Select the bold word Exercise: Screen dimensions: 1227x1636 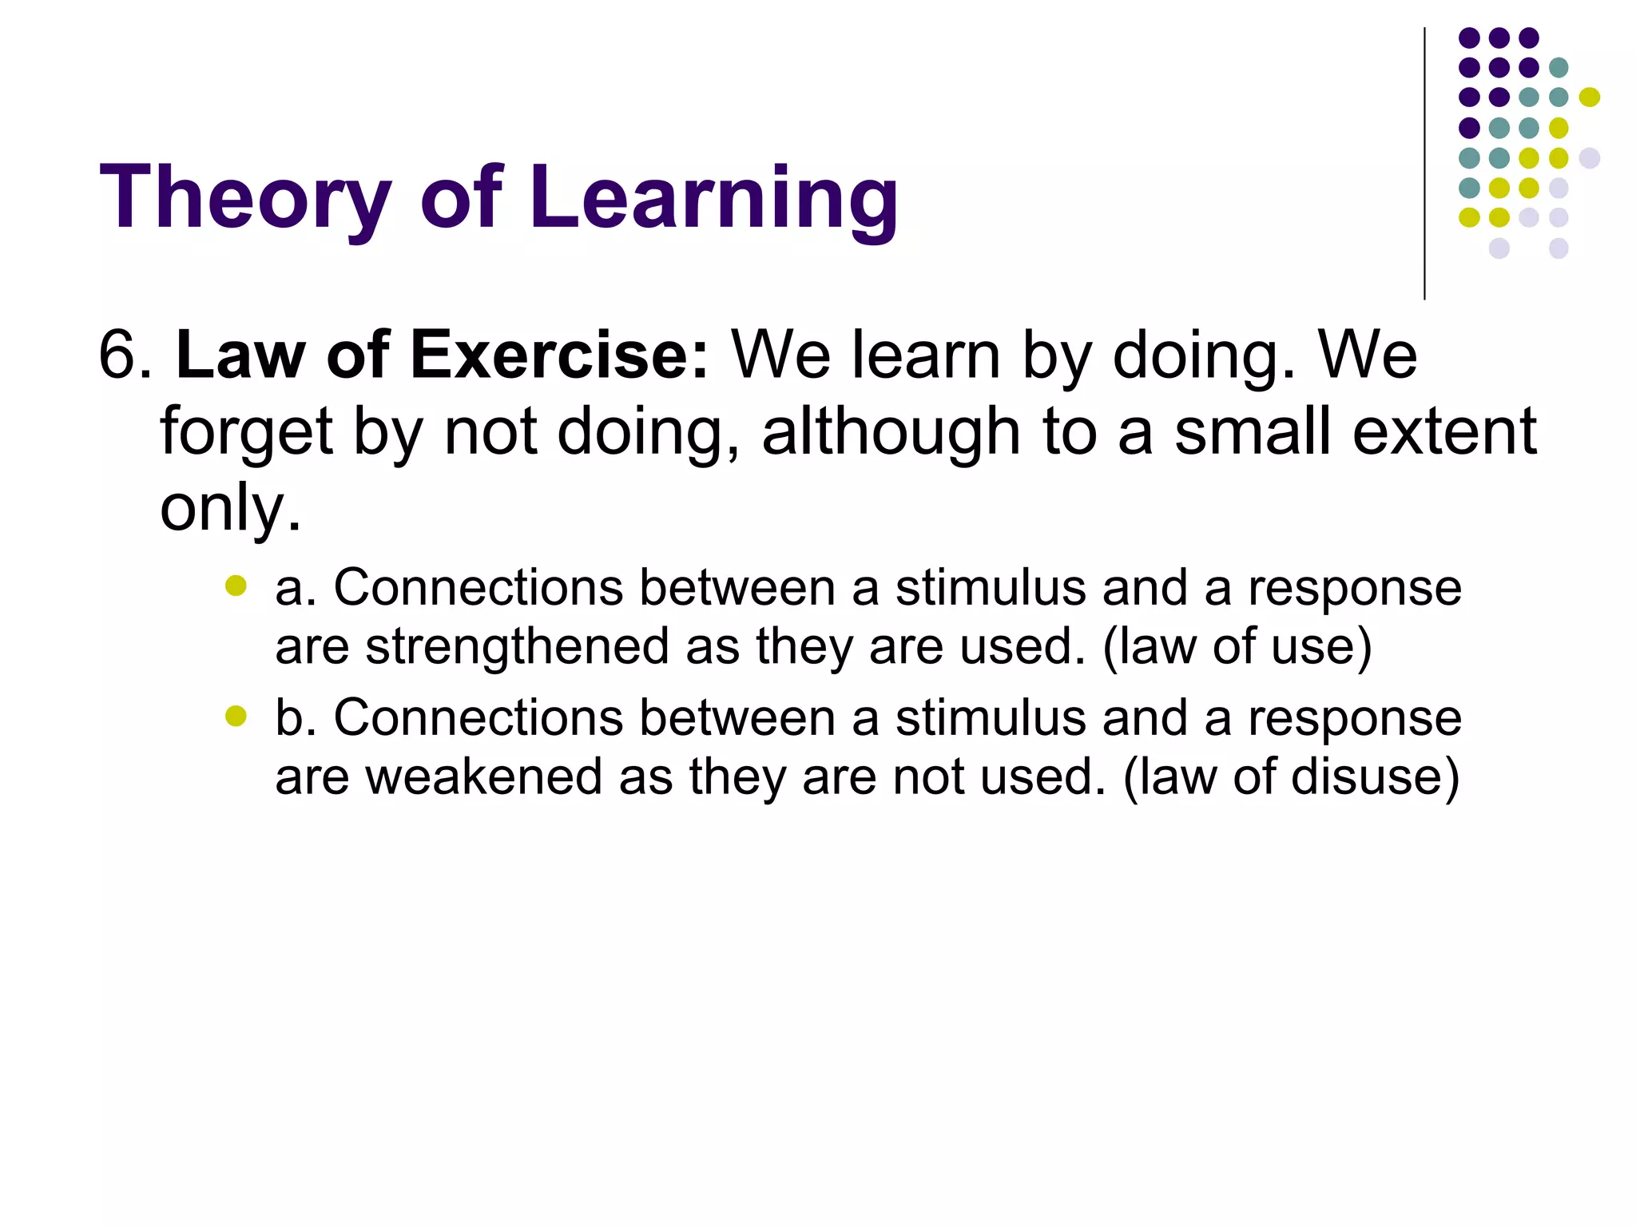pos(558,355)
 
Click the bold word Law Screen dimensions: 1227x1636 pos(240,355)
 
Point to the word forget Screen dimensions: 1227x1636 pos(245,432)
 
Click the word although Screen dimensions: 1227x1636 pos(891,431)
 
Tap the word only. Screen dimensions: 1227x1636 pos(229,508)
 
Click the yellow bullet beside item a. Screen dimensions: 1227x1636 pos(236,586)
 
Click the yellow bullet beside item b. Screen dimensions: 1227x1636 pos(236,716)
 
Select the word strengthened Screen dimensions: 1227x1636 pos(517,646)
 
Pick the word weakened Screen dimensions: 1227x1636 pos(478,776)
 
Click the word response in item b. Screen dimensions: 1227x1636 pos(1355,717)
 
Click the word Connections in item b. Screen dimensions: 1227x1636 pos(478,717)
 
